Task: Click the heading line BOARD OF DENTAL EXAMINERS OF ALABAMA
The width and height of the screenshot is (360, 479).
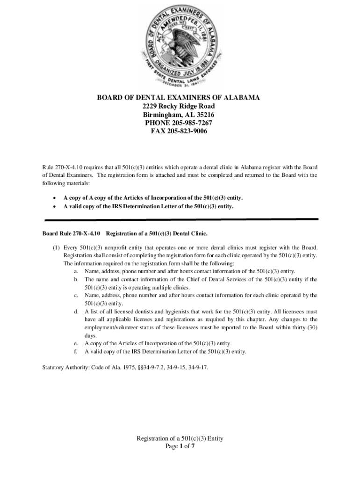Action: tap(178, 98)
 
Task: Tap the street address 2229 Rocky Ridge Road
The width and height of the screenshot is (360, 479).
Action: tap(179, 106)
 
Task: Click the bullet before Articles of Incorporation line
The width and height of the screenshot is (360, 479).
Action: tap(55, 198)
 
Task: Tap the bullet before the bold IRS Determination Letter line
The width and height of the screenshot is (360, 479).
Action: tap(55, 206)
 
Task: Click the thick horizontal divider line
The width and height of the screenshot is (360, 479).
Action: tap(181, 219)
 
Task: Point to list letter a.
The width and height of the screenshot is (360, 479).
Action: tap(76, 271)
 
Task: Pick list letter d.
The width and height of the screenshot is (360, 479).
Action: tap(76, 312)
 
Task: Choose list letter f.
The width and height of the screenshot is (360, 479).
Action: tap(76, 351)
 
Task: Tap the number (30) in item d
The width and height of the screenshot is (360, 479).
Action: tap(311, 327)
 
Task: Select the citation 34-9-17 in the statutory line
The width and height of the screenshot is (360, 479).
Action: tap(196, 368)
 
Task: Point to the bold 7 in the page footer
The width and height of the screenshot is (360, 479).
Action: tap(192, 446)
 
